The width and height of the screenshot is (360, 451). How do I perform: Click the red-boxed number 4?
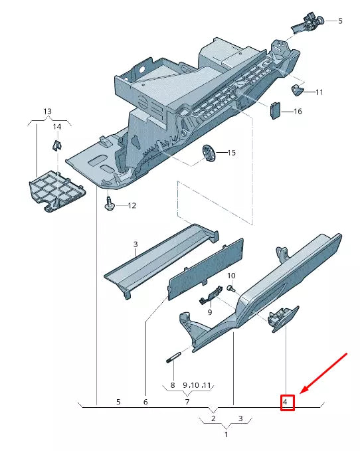[x=286, y=402]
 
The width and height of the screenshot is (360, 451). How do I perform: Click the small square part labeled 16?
[x=274, y=110]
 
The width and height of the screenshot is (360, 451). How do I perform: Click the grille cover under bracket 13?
[x=58, y=191]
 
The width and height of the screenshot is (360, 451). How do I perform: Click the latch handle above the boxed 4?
[x=280, y=318]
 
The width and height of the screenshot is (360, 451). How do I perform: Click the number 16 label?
[x=297, y=111]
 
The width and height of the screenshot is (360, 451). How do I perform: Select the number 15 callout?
[x=231, y=153]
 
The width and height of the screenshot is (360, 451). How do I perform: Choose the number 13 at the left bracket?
[x=47, y=111]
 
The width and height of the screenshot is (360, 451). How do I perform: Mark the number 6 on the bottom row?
[x=145, y=402]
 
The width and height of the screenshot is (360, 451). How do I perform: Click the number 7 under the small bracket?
[x=187, y=402]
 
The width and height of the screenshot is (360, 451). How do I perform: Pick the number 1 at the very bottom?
[x=226, y=434]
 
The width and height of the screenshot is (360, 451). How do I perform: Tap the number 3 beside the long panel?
[x=135, y=244]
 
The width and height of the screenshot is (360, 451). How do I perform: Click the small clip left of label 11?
[x=297, y=88]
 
